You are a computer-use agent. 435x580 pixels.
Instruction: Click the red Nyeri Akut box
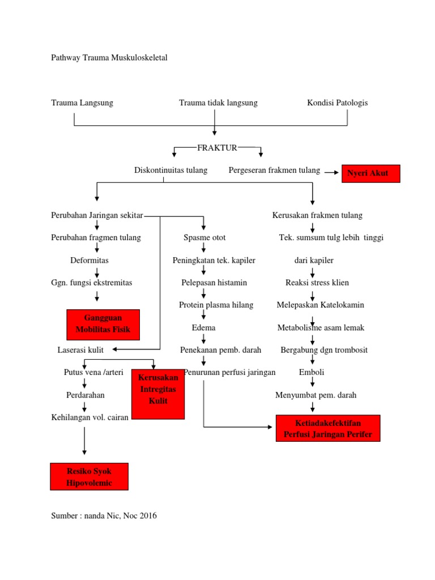coord(370,173)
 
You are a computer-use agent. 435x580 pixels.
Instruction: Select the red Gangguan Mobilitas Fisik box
coord(103,325)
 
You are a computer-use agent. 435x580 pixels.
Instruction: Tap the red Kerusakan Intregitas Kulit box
coord(158,393)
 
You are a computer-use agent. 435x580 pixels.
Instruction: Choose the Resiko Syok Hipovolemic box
coord(89,476)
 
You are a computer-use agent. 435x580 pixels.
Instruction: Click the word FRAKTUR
coord(217,148)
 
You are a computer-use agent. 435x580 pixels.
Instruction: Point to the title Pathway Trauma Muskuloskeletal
coord(109,58)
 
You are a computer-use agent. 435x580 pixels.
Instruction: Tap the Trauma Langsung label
coord(82,103)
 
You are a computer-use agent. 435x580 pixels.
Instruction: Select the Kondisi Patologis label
coord(338,103)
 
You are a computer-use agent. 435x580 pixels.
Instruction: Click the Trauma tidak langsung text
coord(218,103)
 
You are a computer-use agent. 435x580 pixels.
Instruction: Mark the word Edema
coord(203,328)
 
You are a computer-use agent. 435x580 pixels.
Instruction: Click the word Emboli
coord(312,373)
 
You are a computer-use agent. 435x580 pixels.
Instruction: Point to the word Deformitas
coord(89,261)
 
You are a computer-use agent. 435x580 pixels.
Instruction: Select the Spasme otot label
coord(204,238)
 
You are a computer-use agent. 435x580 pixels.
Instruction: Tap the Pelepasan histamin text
coord(214,283)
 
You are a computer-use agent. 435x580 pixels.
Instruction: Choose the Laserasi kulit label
coord(80,351)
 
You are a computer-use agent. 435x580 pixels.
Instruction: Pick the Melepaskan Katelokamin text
coord(320,305)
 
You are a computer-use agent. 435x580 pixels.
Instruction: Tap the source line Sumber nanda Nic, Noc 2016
coord(104,516)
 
